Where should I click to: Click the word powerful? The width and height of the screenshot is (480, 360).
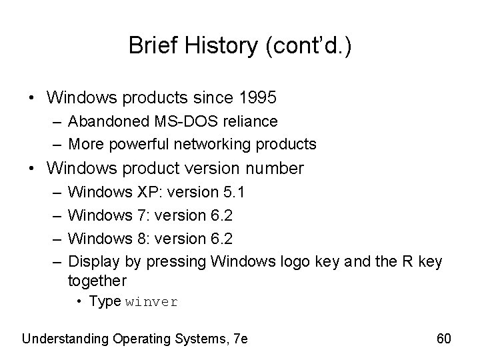tap(148, 143)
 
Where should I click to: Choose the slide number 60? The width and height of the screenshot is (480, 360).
tap(444, 339)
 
